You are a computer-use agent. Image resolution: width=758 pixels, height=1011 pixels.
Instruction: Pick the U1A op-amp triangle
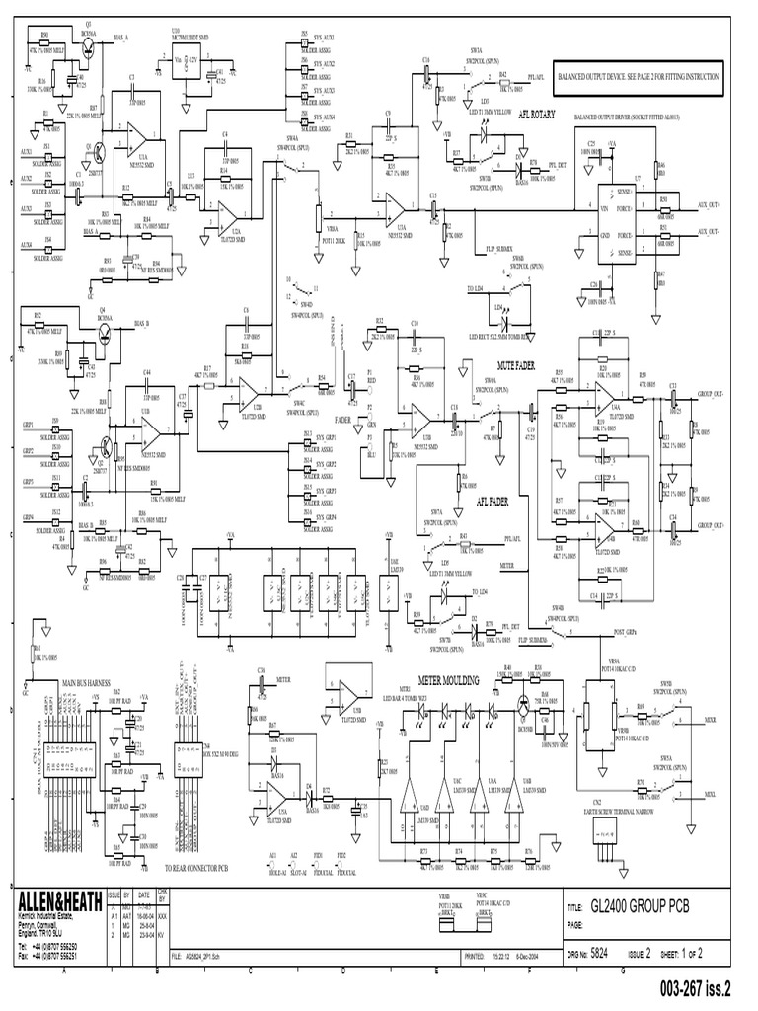(x=137, y=140)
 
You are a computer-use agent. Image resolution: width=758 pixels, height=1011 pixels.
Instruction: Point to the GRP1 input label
(x=29, y=422)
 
